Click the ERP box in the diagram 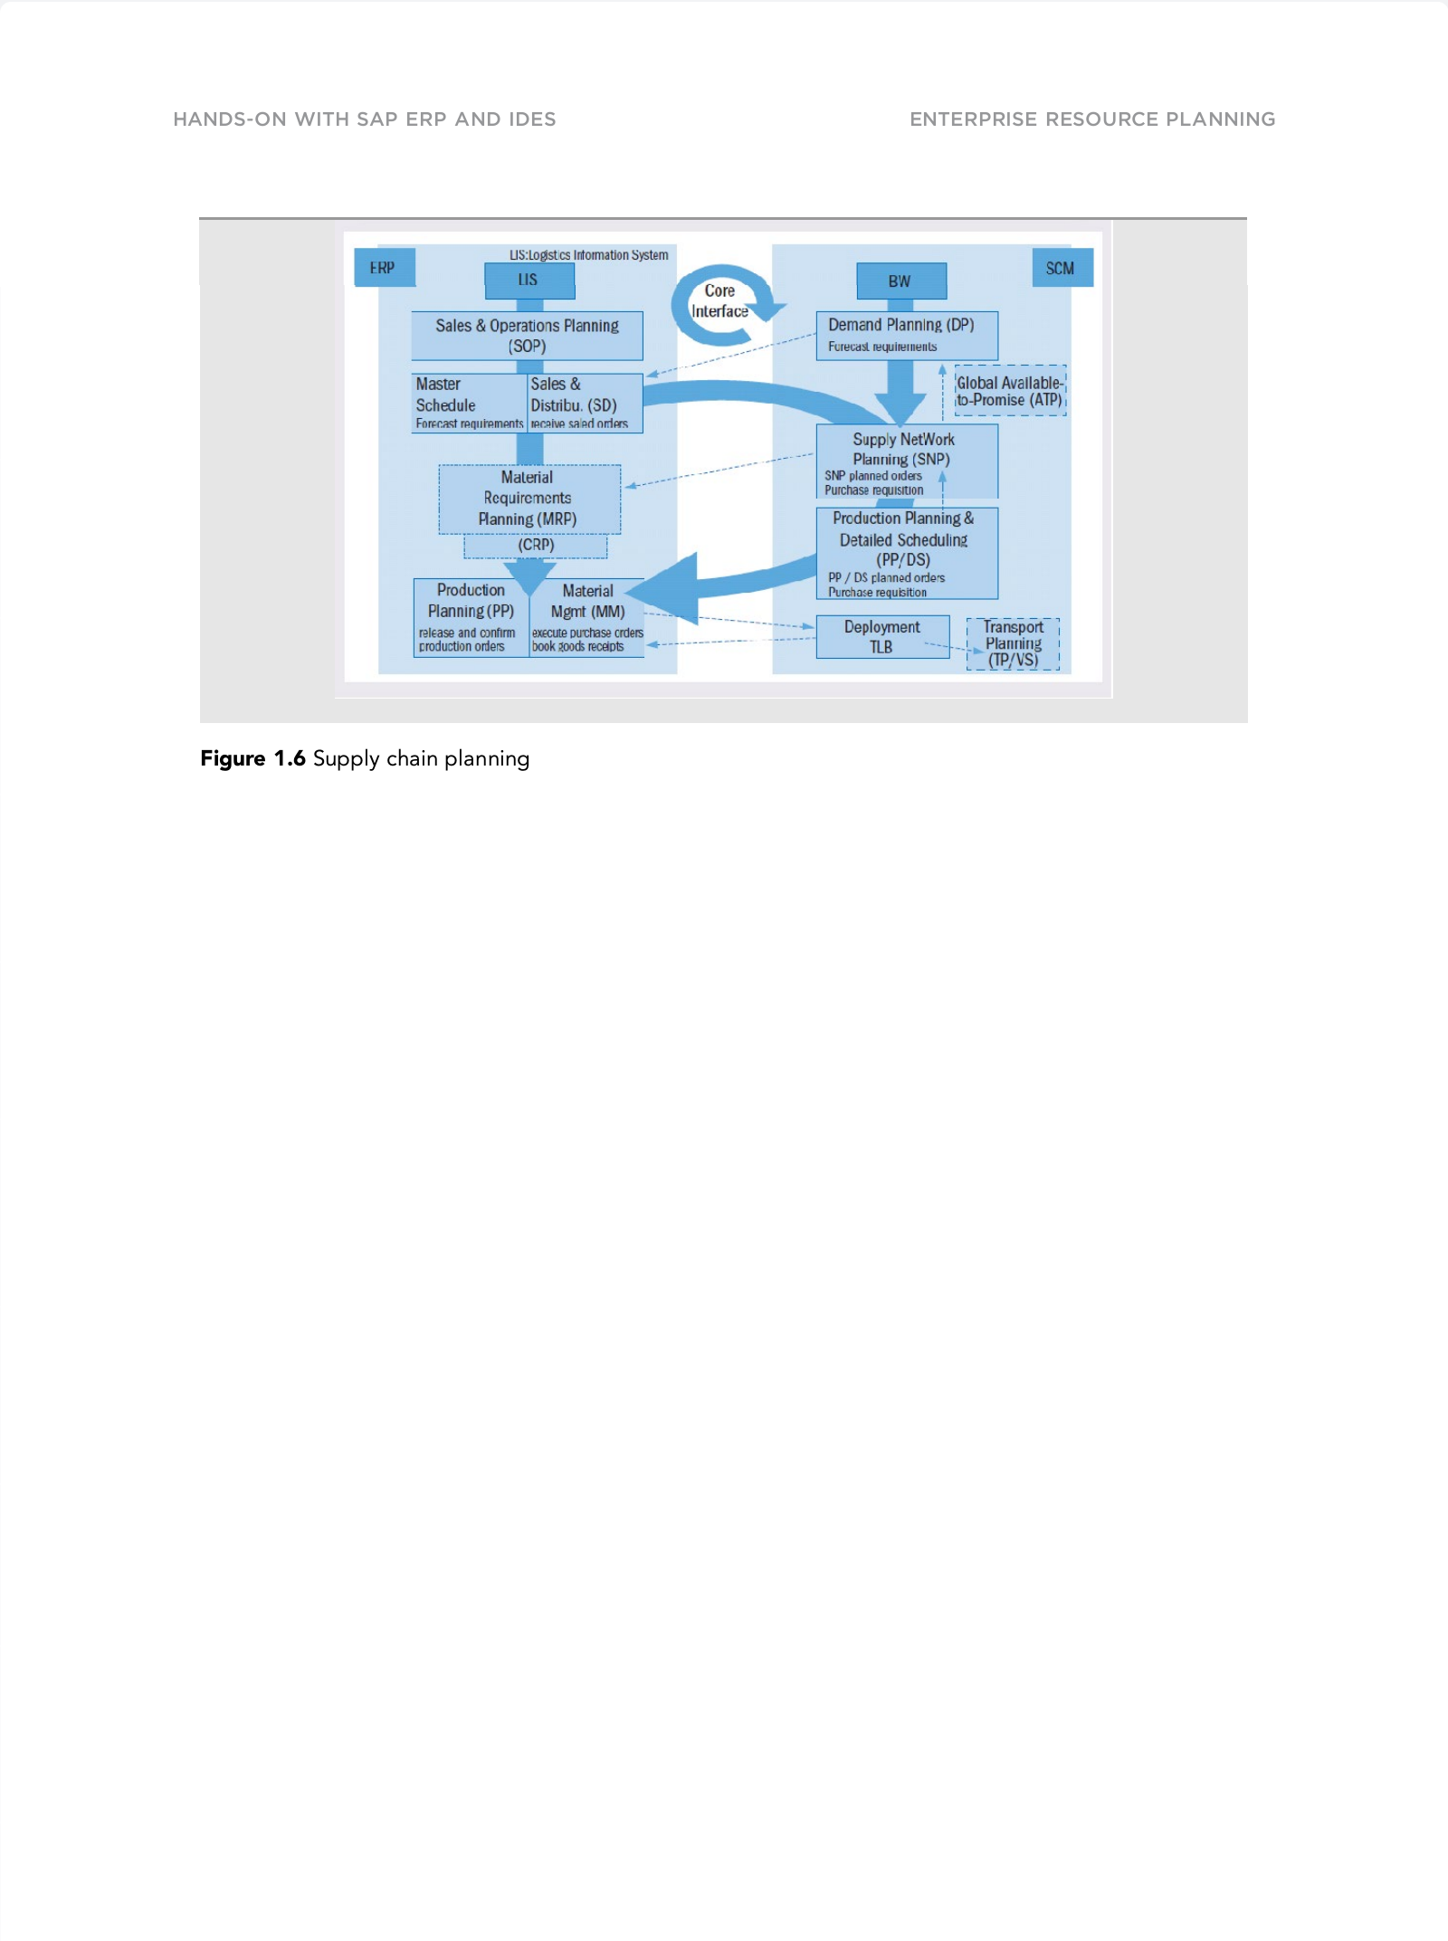click(x=384, y=268)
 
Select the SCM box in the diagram click(x=1062, y=269)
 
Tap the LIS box click(x=529, y=281)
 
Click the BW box click(x=900, y=281)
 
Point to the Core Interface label click(x=720, y=301)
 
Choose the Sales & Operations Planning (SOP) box click(x=527, y=336)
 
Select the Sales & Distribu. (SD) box click(x=585, y=403)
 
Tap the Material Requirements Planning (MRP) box click(x=529, y=499)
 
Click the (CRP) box click(x=536, y=546)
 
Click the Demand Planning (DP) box click(x=906, y=335)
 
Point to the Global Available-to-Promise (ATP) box click(x=1010, y=391)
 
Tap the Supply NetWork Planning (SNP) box click(x=906, y=461)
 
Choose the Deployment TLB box click(x=882, y=637)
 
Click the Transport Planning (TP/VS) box click(x=1014, y=643)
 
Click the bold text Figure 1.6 click(x=252, y=758)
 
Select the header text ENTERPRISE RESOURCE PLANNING click(x=1092, y=119)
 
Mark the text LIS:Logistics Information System click(x=588, y=255)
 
